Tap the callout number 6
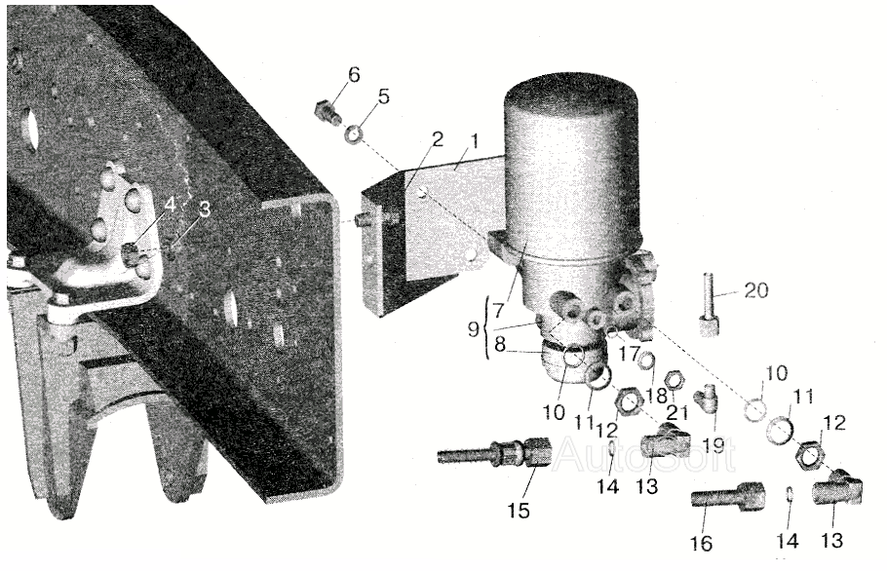(x=353, y=74)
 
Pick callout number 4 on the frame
(x=171, y=206)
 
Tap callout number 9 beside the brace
(x=475, y=327)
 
